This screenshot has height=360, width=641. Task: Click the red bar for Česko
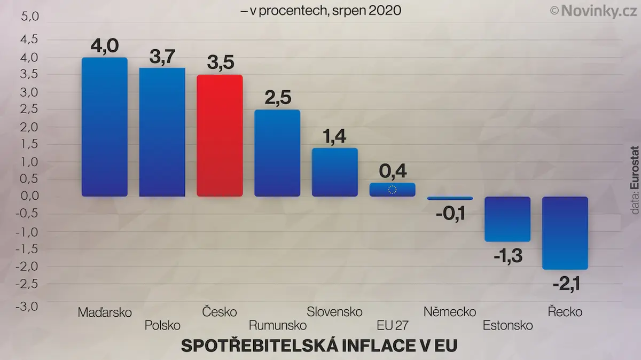(220, 136)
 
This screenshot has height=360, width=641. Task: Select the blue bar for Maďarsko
(105, 127)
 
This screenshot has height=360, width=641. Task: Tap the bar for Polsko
(162, 132)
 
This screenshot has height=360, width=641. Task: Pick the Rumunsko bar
(277, 153)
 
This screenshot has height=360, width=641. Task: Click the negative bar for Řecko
(565, 233)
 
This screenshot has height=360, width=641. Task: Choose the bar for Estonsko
(507, 219)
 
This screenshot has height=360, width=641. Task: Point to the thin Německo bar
(450, 198)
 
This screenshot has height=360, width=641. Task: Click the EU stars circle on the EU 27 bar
(392, 190)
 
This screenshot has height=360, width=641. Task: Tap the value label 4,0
(105, 46)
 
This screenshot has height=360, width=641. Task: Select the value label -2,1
(567, 284)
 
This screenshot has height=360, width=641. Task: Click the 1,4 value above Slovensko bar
(334, 136)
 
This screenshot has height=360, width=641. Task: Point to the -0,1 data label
(451, 214)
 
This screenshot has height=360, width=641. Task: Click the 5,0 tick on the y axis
(30, 17)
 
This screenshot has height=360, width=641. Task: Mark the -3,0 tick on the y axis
(27, 307)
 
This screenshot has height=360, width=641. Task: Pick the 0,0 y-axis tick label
(29, 196)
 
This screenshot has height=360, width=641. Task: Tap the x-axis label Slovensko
(334, 311)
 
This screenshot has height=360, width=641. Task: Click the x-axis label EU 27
(393, 325)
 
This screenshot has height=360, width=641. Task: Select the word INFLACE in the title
(386, 346)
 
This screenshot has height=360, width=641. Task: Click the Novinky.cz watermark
(594, 11)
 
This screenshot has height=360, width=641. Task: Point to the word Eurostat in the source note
(635, 168)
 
